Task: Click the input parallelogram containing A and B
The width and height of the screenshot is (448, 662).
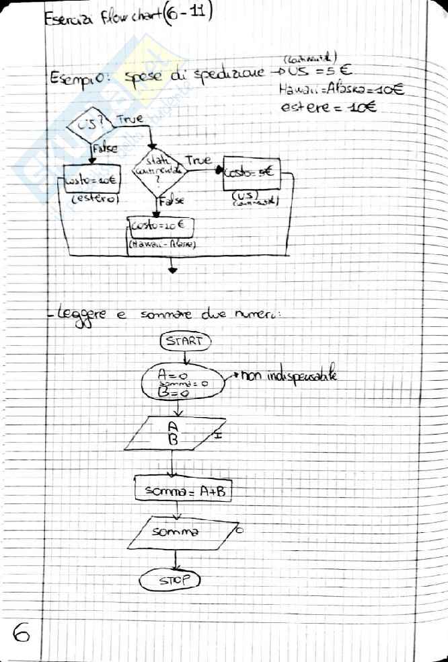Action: pyautogui.click(x=173, y=435)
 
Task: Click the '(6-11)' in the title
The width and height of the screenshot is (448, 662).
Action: pyautogui.click(x=187, y=14)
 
